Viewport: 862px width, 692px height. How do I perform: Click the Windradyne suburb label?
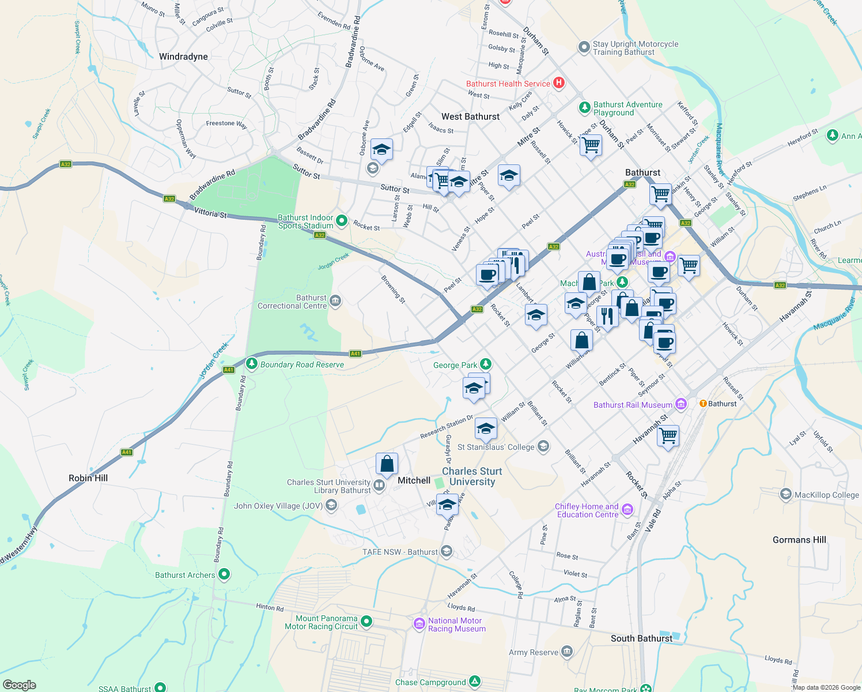pos(183,57)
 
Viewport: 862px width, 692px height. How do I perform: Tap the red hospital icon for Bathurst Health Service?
pos(558,83)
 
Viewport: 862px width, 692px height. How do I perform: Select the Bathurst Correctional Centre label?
pos(292,302)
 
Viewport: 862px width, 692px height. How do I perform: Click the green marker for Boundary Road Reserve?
pos(251,364)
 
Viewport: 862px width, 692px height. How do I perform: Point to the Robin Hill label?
pos(88,478)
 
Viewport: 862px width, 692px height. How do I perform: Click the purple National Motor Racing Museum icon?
pos(419,624)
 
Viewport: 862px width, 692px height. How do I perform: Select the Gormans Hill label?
pos(799,540)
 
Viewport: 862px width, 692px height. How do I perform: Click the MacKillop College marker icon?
pos(785,494)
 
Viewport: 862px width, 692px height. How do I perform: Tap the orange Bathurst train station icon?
pos(702,404)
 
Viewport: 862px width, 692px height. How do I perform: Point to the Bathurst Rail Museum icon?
pos(681,404)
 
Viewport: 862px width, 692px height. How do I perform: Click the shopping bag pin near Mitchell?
pos(387,463)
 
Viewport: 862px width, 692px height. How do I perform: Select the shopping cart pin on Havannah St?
pos(668,435)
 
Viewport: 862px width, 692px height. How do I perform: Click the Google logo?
pos(19,685)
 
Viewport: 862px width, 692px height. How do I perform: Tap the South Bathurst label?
pos(641,638)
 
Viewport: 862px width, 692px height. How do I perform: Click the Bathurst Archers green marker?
pos(224,574)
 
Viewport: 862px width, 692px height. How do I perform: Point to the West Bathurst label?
pos(470,116)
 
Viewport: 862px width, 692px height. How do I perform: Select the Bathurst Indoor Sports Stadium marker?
pos(342,220)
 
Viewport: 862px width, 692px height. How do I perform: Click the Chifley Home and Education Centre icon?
pos(627,510)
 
